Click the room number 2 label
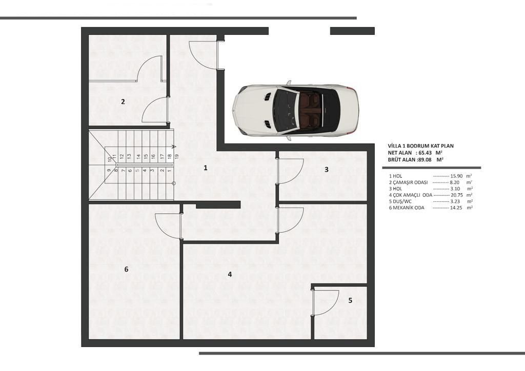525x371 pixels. [123, 101]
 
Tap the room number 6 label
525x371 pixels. [126, 269]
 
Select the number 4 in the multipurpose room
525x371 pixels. [230, 275]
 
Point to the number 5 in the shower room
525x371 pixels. [350, 301]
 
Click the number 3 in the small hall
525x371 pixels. [326, 169]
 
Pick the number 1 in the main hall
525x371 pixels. [206, 168]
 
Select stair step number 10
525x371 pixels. [110, 159]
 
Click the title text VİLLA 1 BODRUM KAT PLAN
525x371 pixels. [421, 146]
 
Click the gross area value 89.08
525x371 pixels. [421, 160]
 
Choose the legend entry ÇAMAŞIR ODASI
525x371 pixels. [410, 182]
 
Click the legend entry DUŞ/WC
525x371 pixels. [405, 201]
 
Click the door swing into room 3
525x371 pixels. [290, 171]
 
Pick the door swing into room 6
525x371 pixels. [168, 225]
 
